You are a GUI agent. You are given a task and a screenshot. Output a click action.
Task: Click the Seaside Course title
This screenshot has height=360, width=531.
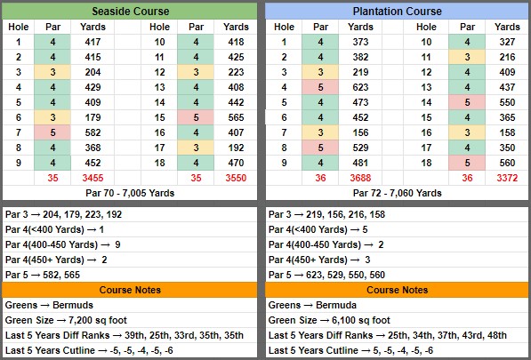point(131,12)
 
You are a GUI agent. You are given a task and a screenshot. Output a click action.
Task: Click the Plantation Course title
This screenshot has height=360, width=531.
point(397,12)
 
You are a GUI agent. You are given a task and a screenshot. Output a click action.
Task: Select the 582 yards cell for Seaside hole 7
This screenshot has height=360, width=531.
point(93,132)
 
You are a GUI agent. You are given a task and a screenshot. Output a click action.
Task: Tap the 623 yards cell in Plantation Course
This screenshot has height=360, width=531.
point(360,87)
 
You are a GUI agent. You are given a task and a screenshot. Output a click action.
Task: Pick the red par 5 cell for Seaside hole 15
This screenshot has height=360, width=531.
point(196,117)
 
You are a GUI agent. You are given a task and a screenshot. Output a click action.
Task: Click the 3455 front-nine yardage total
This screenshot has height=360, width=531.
point(93,178)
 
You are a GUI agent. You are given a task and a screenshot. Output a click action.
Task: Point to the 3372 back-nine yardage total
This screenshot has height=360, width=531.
point(507,178)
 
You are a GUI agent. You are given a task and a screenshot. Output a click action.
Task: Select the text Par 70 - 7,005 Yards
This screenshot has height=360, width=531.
point(130,193)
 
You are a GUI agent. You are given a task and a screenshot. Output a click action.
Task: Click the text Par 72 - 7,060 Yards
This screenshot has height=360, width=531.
point(397,193)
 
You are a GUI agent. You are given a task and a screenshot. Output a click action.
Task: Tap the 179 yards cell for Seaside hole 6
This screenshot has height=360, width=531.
point(93,117)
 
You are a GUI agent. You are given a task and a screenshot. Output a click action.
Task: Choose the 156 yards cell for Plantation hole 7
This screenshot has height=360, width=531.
point(360,132)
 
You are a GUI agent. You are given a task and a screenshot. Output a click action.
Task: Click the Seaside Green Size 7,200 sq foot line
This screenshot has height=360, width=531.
point(66,320)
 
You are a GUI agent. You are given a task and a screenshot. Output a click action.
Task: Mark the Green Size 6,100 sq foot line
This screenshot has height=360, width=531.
point(329,320)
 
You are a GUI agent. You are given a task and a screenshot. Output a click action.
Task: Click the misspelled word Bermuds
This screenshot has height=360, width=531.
point(73,305)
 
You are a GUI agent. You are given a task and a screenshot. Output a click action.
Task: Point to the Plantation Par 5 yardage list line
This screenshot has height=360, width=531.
point(326,275)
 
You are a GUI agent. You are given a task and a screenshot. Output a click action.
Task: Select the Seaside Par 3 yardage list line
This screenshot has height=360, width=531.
point(63,214)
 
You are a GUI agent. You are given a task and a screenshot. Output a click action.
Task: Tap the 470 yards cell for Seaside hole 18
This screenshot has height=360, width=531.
point(236,163)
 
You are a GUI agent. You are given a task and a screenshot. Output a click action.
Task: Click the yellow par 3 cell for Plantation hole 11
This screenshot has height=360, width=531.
point(467,57)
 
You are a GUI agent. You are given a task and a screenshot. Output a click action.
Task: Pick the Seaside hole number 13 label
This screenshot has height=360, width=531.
point(159,87)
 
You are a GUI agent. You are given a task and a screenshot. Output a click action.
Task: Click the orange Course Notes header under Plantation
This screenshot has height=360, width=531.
point(397,290)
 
